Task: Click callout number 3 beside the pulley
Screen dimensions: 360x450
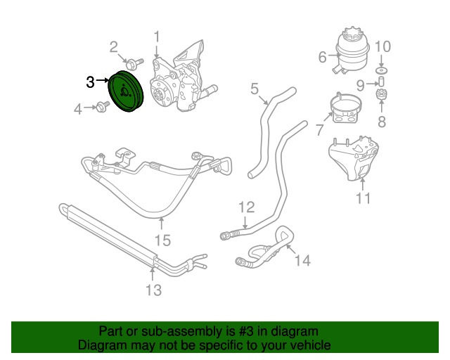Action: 89,82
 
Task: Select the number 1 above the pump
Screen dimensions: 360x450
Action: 157,36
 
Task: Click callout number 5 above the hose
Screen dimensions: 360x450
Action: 255,89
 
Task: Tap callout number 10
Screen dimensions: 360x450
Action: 381,48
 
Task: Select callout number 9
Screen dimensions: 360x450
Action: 360,86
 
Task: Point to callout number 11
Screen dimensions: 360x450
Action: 362,198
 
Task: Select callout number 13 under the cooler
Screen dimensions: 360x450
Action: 153,289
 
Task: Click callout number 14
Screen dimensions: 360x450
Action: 302,261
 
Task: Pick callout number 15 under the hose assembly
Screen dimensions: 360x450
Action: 162,240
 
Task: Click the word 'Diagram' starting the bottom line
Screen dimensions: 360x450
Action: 101,346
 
